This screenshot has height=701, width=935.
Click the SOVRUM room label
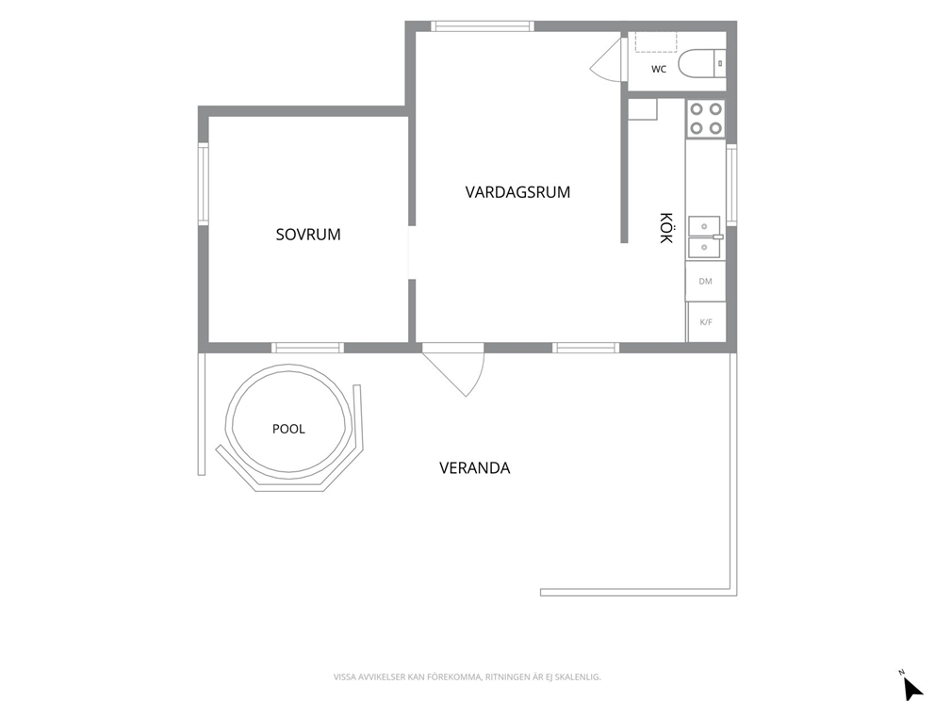click(308, 235)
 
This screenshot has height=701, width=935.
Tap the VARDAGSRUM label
click(517, 192)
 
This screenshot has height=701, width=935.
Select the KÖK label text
click(666, 228)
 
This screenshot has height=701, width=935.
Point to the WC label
click(659, 69)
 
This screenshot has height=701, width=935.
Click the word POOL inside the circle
click(288, 429)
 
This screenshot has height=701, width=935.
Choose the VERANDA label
click(475, 468)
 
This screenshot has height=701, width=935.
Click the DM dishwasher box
click(705, 281)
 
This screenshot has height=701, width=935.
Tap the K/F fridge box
click(707, 322)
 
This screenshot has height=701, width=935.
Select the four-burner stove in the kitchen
click(706, 119)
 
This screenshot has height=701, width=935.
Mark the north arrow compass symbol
click(910, 686)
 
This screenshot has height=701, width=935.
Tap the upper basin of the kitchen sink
click(704, 226)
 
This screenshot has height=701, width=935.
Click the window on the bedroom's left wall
click(204, 185)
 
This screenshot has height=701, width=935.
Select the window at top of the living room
click(483, 26)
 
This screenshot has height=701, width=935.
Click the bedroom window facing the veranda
click(307, 348)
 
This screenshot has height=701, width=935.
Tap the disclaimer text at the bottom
click(467, 677)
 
